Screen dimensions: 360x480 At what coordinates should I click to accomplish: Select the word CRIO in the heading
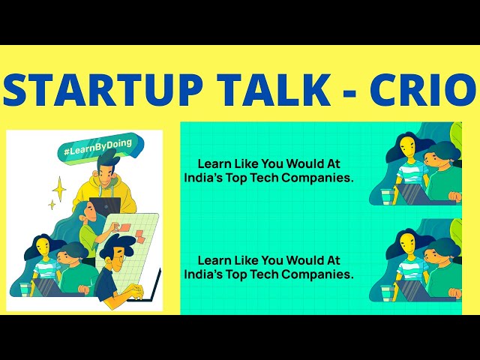pyautogui.click(x=424, y=91)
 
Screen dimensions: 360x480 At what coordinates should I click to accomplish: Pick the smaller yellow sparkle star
pyautogui.click(x=52, y=204)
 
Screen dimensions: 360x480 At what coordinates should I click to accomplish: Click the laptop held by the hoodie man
pyautogui.click(x=105, y=206)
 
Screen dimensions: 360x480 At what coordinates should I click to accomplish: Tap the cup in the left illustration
pyautogui.click(x=24, y=288)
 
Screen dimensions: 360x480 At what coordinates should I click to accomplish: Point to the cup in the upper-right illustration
pyautogui.click(x=386, y=196)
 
